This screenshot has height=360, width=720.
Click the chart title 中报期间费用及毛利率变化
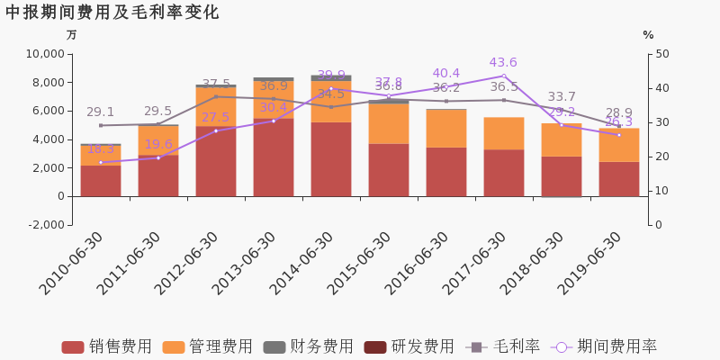point(112,13)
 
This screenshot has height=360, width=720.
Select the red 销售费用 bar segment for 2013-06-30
point(274,157)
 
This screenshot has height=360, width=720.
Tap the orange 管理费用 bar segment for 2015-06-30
point(389,123)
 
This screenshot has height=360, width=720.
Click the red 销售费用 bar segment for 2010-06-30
point(101,180)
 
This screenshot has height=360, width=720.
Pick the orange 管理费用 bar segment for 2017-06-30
point(504,133)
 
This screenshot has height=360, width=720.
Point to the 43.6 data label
point(503,63)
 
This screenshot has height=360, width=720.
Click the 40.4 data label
point(446,74)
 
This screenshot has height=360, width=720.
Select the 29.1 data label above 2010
point(101,112)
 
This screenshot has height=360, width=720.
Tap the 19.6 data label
point(158,144)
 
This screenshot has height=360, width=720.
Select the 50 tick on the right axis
point(661,54)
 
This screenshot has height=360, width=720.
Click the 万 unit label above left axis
point(72,35)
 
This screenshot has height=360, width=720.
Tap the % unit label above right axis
point(648,35)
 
